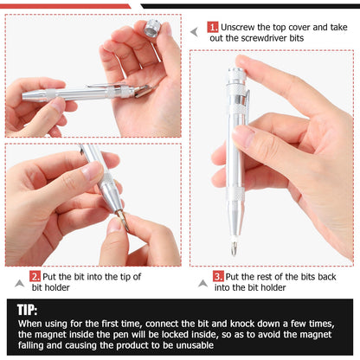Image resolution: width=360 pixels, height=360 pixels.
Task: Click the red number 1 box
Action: point(213,28)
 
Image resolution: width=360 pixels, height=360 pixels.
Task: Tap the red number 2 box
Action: point(35,276)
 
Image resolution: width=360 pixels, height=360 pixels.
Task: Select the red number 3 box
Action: point(218,276)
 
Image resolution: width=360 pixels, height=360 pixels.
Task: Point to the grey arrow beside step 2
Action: point(19,282)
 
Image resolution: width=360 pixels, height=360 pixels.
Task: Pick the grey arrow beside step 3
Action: point(202,282)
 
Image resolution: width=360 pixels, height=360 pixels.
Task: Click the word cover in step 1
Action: point(309,28)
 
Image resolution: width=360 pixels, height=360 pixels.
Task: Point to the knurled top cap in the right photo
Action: point(235,82)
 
